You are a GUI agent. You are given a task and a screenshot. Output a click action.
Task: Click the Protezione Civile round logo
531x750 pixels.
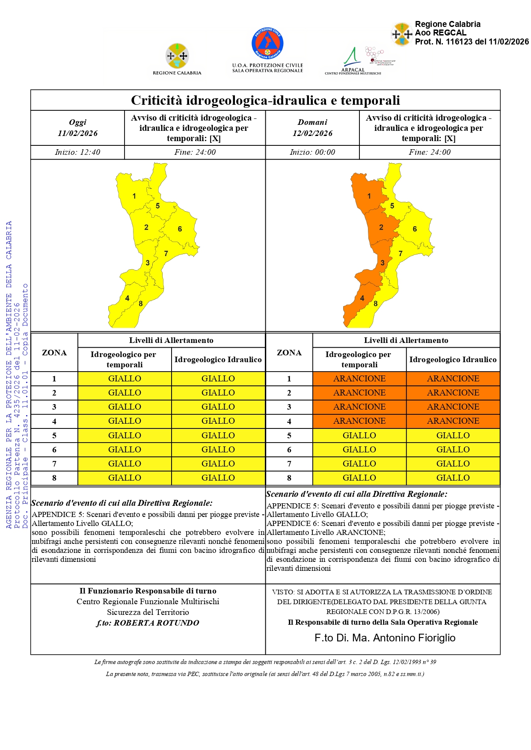pos(267,43)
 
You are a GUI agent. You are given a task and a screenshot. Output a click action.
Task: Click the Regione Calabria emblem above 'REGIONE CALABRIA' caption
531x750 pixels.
pos(177,56)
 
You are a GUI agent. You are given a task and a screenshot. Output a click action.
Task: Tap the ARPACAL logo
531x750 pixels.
pos(353,61)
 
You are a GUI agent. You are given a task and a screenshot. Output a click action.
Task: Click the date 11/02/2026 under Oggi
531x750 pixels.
pos(77,133)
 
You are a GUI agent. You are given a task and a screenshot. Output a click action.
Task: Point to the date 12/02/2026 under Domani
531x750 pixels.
pos(312,133)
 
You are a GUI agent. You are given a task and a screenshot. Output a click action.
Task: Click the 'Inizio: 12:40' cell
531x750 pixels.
pos(77,152)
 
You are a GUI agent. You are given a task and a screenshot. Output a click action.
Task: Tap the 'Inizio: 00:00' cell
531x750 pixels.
pos(312,152)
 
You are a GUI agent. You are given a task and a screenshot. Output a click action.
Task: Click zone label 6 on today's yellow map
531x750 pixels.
pos(180,229)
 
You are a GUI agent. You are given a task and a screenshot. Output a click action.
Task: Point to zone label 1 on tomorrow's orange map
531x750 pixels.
pos(369,196)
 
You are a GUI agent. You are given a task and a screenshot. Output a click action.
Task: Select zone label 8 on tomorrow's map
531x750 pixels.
pos(376,304)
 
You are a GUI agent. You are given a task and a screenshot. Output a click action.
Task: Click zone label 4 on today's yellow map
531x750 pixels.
pos(127,298)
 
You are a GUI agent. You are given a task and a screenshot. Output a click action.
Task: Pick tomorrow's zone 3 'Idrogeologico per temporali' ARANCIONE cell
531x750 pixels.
pos(359,407)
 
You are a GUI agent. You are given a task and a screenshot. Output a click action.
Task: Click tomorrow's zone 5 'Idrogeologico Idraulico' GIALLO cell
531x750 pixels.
pos(453,435)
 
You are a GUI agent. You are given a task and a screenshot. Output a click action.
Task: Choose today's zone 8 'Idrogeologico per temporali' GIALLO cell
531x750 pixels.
pos(125,478)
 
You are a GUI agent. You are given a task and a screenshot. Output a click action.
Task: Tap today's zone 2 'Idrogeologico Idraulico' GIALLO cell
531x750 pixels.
pos(218,393)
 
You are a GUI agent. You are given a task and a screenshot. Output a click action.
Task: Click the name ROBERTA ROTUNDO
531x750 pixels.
pos(156,623)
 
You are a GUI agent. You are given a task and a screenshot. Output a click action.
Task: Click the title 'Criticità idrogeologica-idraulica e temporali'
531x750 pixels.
pos(265,100)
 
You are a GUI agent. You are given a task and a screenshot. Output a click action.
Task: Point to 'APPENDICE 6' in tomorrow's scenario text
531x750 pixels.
pos(293,524)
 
